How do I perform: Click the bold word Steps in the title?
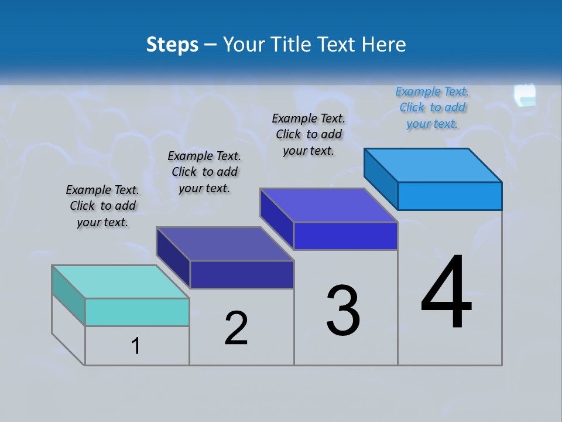pos(172,45)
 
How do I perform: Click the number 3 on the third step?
pos(343,311)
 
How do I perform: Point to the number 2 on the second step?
pos(236,328)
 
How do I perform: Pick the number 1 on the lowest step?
pos(136,346)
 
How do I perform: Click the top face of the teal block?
pos(120,282)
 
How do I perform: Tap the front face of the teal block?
pos(137,312)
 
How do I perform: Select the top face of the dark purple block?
pos(225,244)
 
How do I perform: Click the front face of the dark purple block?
pos(242,274)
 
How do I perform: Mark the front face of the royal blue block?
pos(345,236)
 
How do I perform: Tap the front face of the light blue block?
pos(450,196)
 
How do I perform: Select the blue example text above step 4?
pos(432,108)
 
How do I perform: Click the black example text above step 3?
pos(309,135)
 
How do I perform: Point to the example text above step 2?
pos(204,172)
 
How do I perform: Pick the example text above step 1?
pos(102,206)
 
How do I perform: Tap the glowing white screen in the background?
pos(525,95)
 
